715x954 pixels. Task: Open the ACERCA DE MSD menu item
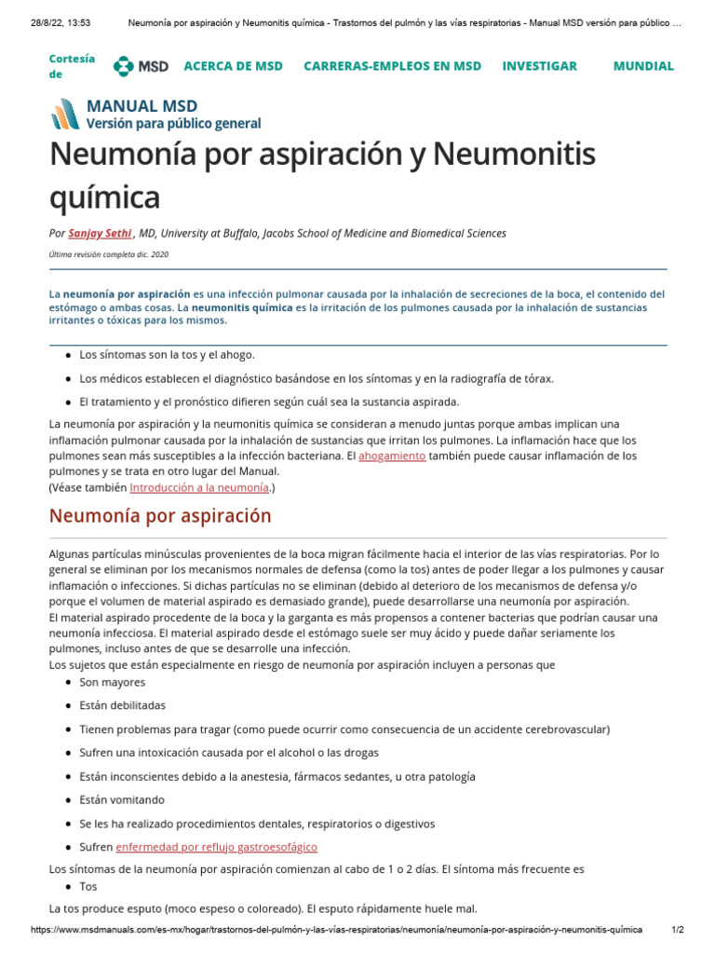point(233,66)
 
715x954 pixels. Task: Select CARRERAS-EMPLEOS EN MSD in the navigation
point(392,66)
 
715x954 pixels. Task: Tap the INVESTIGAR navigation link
point(539,66)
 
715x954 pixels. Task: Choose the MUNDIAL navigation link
point(642,66)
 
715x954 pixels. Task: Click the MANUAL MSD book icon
point(65,114)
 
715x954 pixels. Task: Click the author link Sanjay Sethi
point(100,233)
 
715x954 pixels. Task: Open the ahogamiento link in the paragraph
point(392,456)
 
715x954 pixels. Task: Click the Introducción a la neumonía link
point(199,486)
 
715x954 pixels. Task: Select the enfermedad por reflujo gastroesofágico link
point(216,847)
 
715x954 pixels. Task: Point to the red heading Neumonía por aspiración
point(159,515)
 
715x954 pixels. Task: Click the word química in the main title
point(104,197)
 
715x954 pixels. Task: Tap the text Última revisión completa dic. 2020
point(108,254)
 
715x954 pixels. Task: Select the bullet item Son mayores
point(112,682)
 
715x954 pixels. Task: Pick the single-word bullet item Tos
point(88,886)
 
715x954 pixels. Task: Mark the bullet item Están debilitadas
point(122,705)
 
